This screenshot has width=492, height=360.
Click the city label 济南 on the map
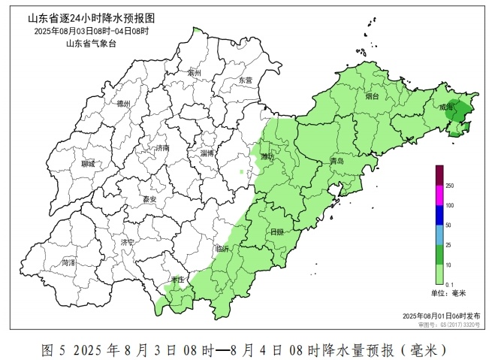[161, 148]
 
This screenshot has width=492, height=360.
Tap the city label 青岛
[337, 162]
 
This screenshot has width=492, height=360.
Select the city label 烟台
[373, 96]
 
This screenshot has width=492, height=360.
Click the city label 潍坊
[267, 156]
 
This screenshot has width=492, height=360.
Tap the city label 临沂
[222, 248]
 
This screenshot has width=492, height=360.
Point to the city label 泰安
[149, 199]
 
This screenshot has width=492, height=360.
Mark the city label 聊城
[88, 163]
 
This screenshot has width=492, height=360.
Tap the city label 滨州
[195, 74]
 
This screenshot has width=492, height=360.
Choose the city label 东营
[245, 80]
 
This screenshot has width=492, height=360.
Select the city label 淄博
[207, 153]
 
